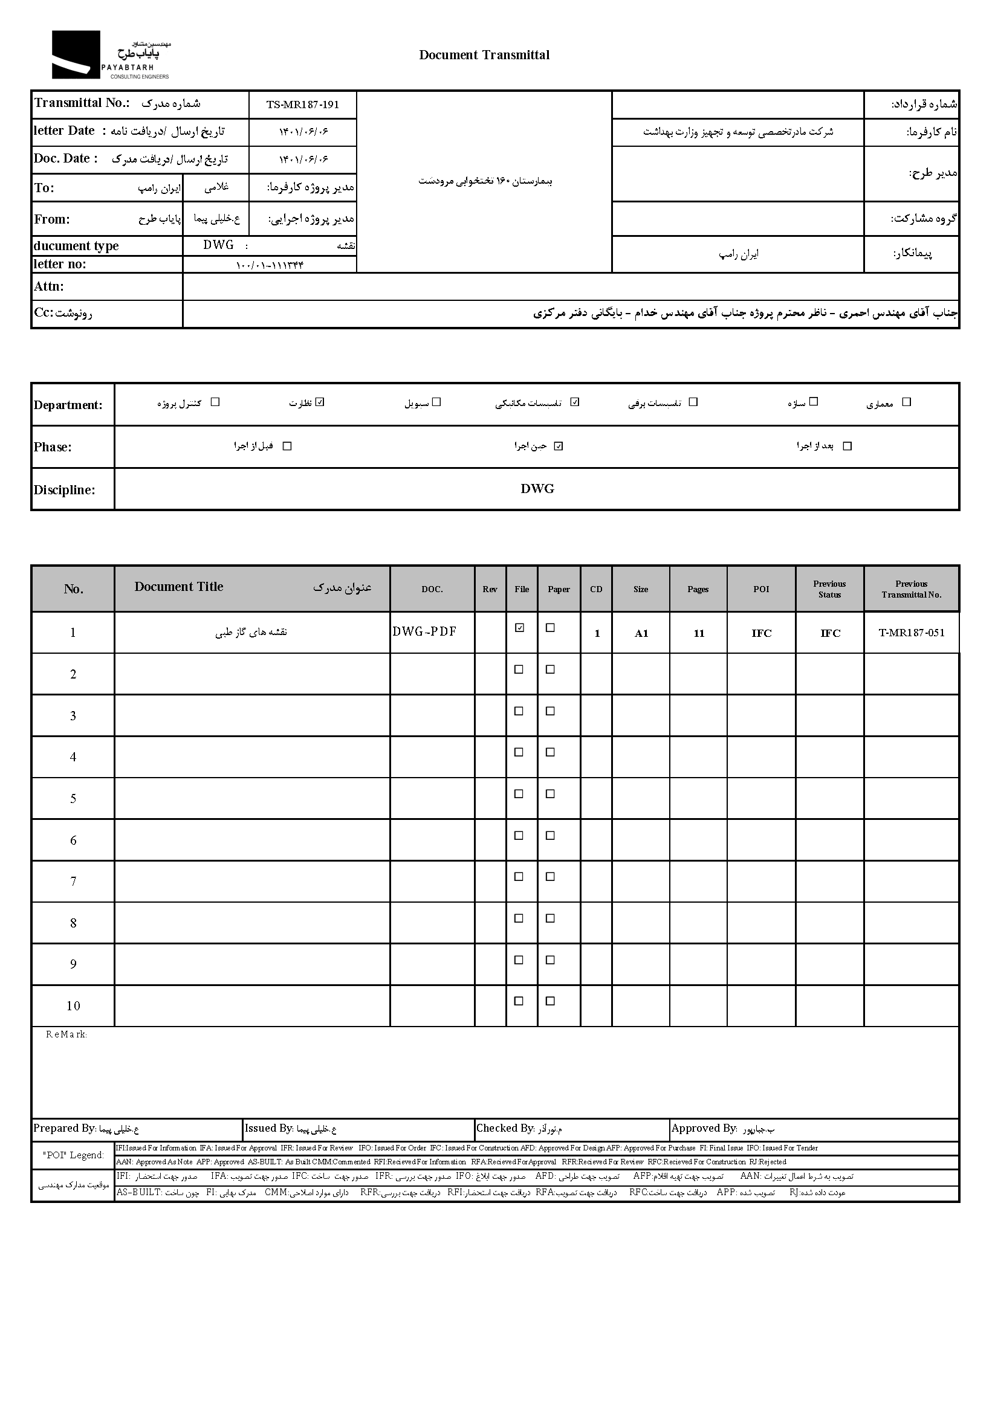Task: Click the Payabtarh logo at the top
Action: (110, 55)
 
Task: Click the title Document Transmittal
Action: (484, 55)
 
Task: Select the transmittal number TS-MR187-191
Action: (303, 104)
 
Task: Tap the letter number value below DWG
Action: (270, 265)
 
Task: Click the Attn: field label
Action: (49, 286)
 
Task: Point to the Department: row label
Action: (68, 405)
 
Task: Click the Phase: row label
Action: (53, 447)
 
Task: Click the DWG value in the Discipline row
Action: (537, 489)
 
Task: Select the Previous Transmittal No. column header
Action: (911, 589)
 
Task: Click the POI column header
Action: (761, 589)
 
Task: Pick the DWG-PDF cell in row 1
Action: (424, 631)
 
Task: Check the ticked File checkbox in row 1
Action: (520, 628)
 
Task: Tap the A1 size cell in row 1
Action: (641, 633)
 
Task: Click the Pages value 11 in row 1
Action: (698, 633)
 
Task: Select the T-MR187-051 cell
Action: (911, 633)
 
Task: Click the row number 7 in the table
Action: (73, 881)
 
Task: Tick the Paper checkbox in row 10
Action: (550, 1001)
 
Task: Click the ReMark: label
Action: (66, 1034)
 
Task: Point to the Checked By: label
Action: (505, 1128)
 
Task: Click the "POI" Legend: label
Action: (74, 1155)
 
